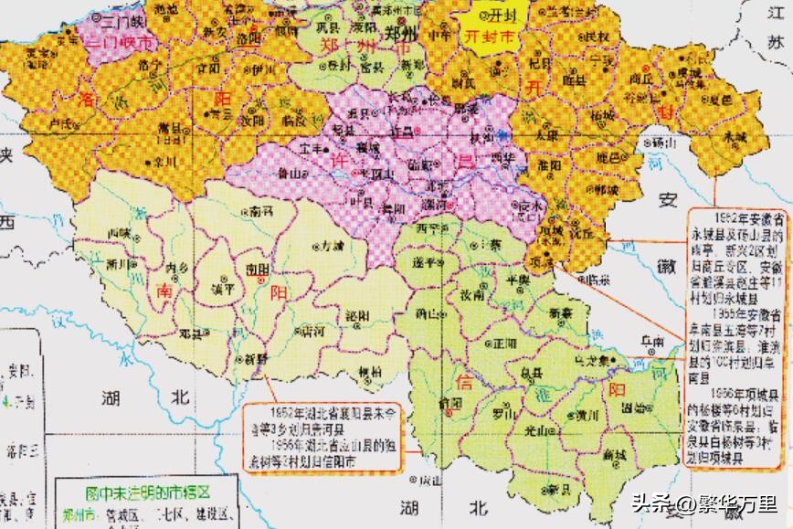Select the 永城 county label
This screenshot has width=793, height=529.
tap(735, 135)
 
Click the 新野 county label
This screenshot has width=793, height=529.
tap(253, 359)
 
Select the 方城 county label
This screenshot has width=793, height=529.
tap(332, 246)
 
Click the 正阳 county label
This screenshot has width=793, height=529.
tap(503, 344)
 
